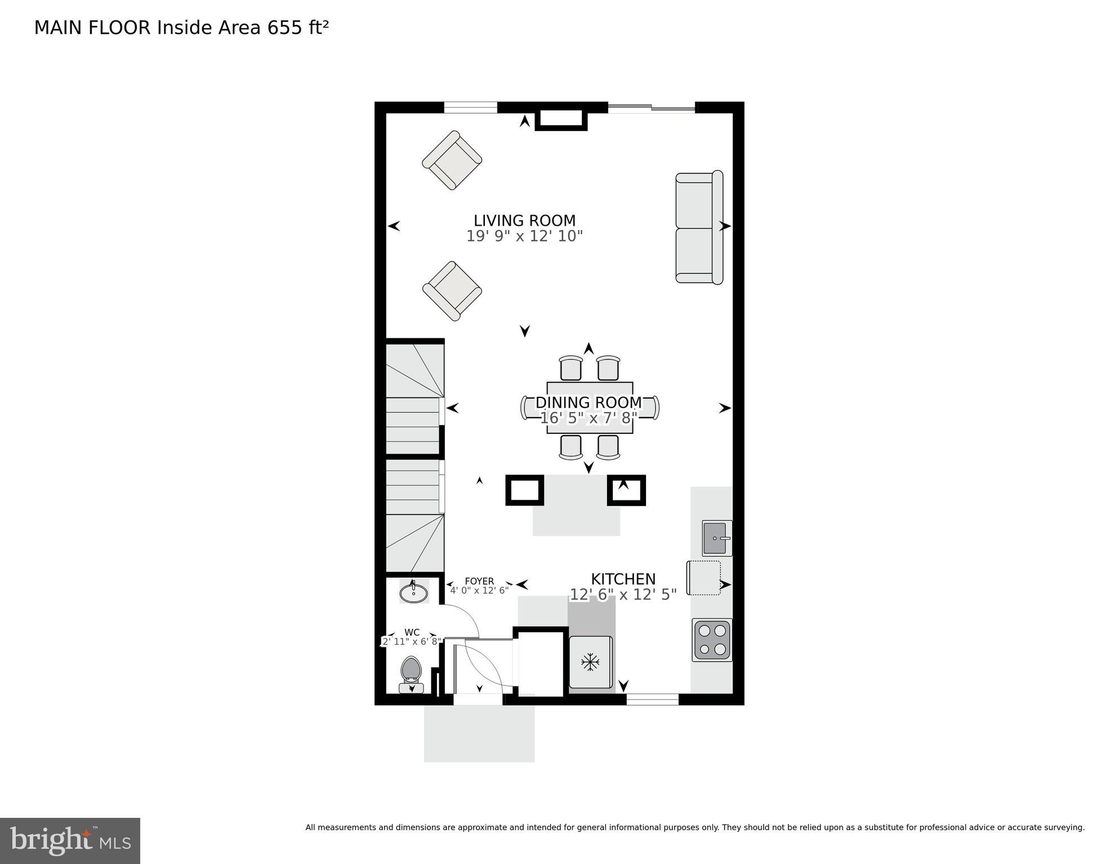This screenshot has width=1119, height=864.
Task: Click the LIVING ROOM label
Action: click(x=524, y=221)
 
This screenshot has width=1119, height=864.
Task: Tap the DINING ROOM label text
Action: click(x=589, y=402)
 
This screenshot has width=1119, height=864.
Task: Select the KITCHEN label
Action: click(x=623, y=579)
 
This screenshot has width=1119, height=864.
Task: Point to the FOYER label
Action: click(x=479, y=581)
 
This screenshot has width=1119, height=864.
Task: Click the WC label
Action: click(x=412, y=633)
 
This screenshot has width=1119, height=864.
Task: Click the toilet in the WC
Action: click(x=412, y=673)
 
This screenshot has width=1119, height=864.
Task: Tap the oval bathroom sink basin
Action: click(x=414, y=593)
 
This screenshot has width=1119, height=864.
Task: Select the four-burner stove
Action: click(x=712, y=640)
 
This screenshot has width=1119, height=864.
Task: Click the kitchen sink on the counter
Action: click(x=716, y=538)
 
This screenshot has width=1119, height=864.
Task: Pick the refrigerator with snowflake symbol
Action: click(x=590, y=662)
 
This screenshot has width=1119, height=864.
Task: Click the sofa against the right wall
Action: click(x=699, y=227)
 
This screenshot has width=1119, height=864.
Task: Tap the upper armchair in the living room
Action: click(x=452, y=160)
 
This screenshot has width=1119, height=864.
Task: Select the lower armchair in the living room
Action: click(x=452, y=291)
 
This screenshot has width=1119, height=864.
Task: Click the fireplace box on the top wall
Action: click(x=561, y=119)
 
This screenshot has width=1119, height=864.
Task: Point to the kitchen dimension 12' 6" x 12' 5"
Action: click(x=623, y=595)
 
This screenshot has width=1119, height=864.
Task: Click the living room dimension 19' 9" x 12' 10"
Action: click(x=524, y=236)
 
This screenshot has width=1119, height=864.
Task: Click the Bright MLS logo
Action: click(x=70, y=841)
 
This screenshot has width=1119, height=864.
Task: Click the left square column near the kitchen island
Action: click(x=524, y=490)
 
